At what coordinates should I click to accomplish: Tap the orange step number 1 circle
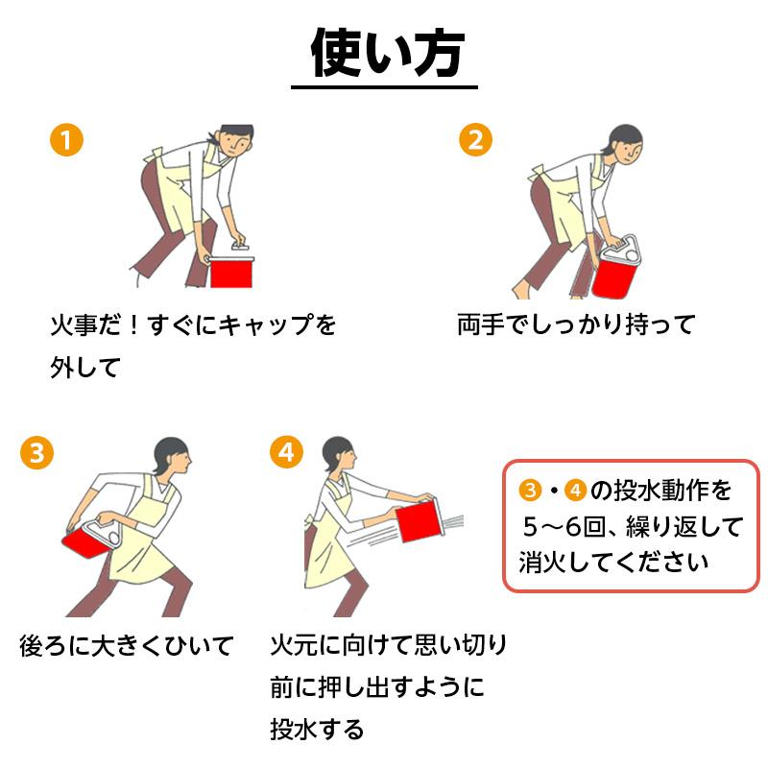tap(66, 139)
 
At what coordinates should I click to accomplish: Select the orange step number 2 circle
tap(475, 139)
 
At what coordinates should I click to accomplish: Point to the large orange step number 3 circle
tap(36, 452)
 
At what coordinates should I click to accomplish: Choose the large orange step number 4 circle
tap(286, 452)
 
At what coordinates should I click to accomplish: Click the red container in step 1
tap(231, 273)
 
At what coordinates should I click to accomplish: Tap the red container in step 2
tap(614, 276)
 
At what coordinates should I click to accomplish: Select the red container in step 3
tap(86, 543)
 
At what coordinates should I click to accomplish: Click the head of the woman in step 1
tap(235, 140)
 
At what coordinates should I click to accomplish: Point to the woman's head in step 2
tap(625, 144)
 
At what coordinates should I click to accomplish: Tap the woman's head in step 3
tap(172, 456)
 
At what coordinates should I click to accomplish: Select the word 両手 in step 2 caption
tap(481, 324)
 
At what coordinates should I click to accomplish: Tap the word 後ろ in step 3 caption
tap(43, 645)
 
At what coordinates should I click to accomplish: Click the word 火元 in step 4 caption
tap(294, 644)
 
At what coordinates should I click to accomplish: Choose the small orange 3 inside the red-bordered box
tap(530, 491)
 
